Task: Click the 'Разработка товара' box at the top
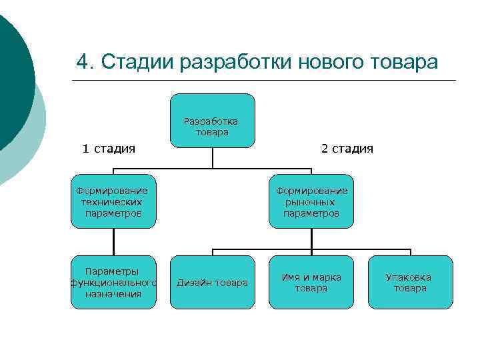(212, 121)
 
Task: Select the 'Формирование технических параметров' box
(113, 202)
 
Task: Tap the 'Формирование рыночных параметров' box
(311, 202)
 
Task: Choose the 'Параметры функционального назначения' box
(113, 283)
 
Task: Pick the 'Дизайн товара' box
(212, 283)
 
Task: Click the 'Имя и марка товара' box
(311, 283)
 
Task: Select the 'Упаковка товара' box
(410, 283)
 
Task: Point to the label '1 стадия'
(109, 149)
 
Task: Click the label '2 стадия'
(347, 149)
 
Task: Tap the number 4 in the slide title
(82, 62)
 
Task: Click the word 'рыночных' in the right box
(311, 202)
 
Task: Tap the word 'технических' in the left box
(113, 202)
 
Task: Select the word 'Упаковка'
(409, 277)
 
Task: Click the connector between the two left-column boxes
(113, 242)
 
